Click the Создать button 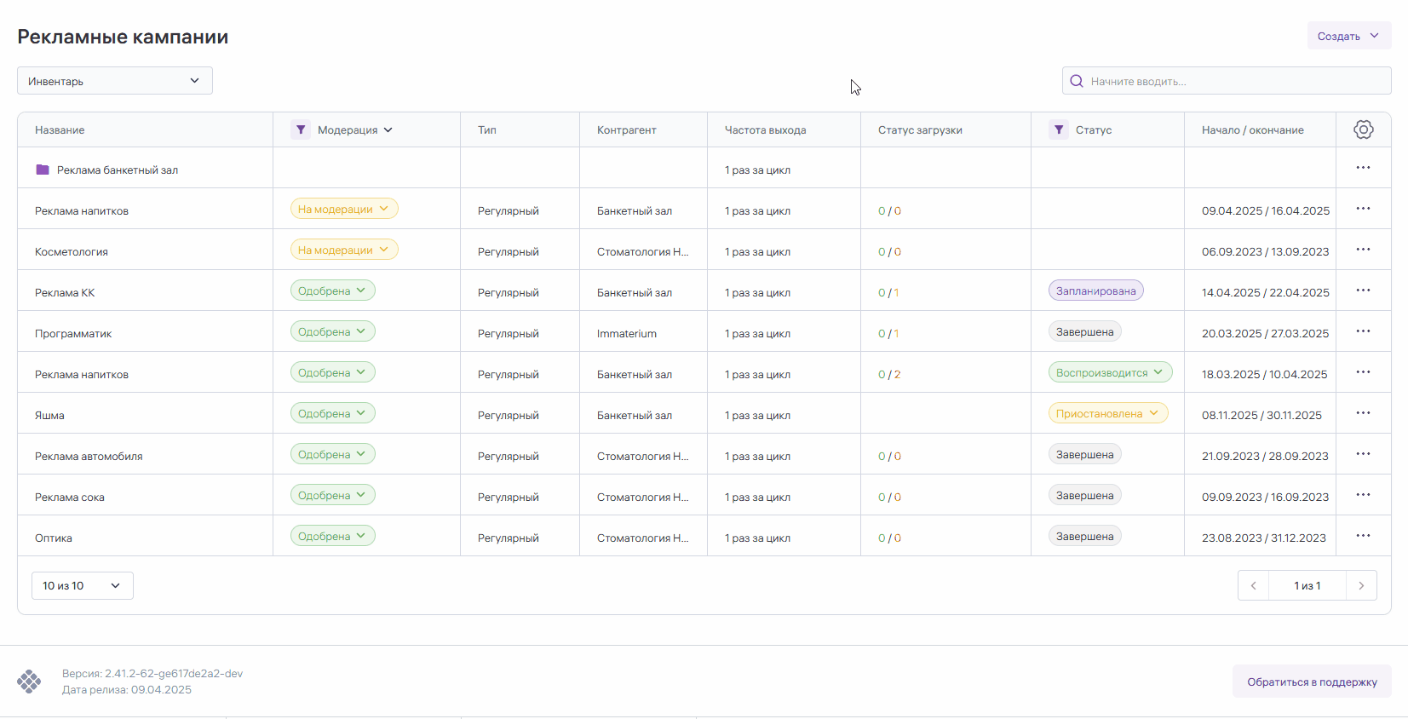click(1348, 36)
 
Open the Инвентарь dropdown click(115, 81)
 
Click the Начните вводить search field click(1227, 81)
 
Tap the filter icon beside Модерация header click(300, 129)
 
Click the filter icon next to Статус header click(1058, 129)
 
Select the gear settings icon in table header click(1363, 129)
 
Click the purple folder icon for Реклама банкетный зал click(43, 170)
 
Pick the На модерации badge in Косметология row click(343, 250)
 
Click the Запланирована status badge click(1095, 290)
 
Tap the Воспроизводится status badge click(1109, 372)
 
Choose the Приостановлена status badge click(1107, 413)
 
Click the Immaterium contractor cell click(627, 334)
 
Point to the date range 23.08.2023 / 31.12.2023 click(1263, 538)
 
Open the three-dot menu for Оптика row click(1363, 536)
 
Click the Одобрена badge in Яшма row click(332, 413)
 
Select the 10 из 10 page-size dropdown click(82, 585)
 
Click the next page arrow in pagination click(1361, 585)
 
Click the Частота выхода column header click(765, 130)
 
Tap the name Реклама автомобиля click(89, 457)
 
